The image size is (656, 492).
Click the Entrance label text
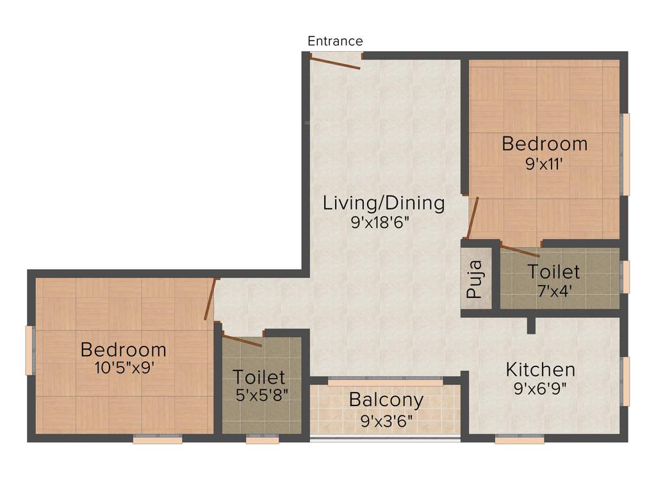click(335, 42)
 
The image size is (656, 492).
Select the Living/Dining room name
click(383, 203)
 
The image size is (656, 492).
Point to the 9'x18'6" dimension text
click(380, 223)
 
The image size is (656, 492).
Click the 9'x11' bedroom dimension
click(544, 164)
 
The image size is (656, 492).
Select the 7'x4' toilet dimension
click(553, 290)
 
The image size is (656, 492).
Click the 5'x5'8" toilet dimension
click(259, 395)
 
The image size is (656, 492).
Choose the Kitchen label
click(540, 370)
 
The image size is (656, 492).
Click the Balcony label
click(386, 400)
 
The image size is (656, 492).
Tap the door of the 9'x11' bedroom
click(473, 218)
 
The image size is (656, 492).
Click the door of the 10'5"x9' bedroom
click(209, 299)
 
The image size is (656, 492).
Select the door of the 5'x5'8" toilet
click(242, 340)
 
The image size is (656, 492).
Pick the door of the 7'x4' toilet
click(520, 250)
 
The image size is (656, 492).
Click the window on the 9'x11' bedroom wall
click(626, 154)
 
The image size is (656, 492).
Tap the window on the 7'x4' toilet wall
click(626, 277)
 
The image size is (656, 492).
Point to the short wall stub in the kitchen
click(530, 325)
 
